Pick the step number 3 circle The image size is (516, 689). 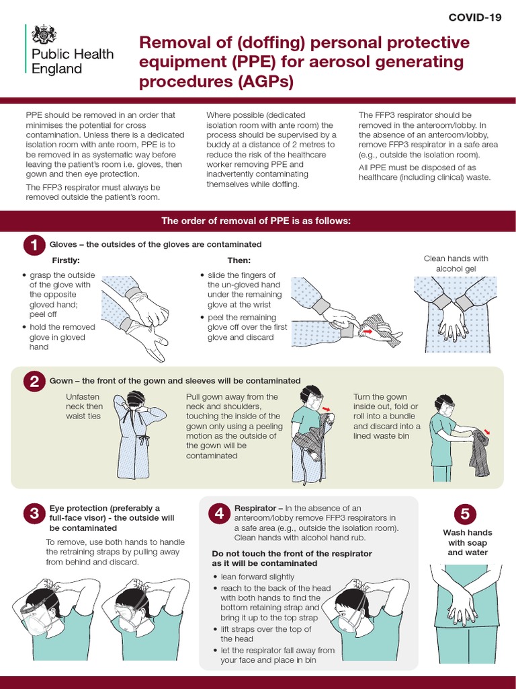[32, 515]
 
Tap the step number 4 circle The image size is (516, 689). [218, 514]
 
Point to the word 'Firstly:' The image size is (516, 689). [66, 260]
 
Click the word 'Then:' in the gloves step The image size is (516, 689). [239, 260]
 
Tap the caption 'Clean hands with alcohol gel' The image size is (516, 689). [456, 263]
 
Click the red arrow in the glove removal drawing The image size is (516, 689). [368, 330]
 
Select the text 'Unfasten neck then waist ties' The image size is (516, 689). [84, 406]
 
